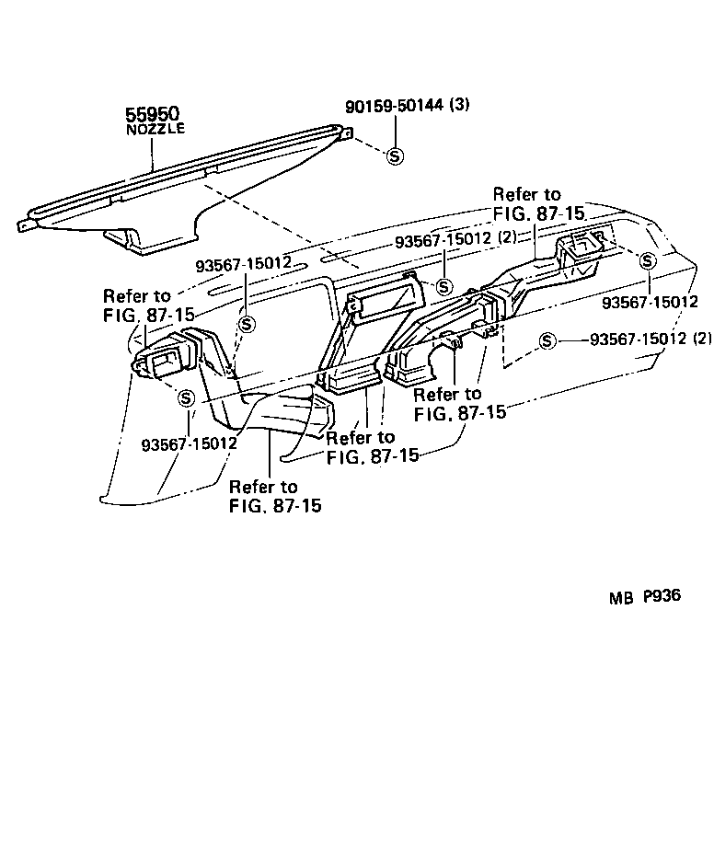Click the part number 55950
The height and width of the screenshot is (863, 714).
[152, 114]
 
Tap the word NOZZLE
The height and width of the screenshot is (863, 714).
[155, 129]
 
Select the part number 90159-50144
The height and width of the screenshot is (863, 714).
[397, 106]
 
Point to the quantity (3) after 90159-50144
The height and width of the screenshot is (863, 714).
[460, 105]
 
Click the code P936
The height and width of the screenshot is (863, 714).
[661, 596]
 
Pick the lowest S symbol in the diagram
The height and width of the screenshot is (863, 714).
[186, 398]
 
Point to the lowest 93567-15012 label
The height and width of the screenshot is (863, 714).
[190, 443]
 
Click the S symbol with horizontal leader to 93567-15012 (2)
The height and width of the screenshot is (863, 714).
[547, 340]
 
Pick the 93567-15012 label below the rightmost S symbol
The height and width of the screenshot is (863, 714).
[650, 301]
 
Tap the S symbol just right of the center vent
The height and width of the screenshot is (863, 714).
[443, 287]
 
